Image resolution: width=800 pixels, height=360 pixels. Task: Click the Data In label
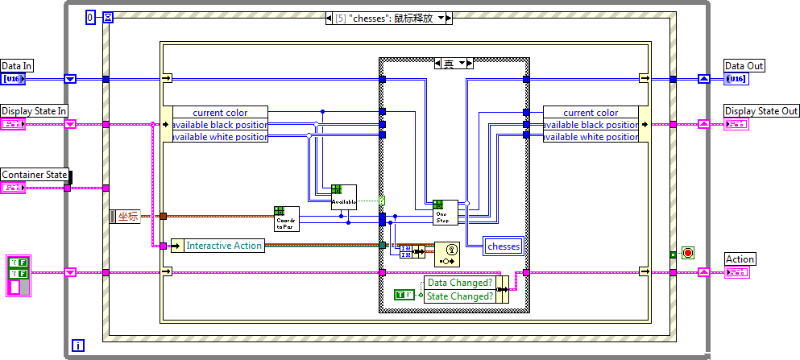[17, 66]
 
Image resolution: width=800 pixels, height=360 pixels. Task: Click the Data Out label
[744, 66]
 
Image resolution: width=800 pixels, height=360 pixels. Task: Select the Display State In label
[34, 110]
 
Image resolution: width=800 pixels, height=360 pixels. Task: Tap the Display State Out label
[761, 110]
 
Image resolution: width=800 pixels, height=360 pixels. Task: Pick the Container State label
[34, 175]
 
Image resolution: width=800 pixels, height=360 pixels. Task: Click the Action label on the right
[740, 259]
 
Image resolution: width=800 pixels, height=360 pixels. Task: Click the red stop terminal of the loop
[687, 253]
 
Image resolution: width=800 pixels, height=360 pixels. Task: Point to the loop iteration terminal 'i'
[77, 345]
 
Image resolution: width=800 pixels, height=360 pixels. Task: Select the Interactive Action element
[224, 246]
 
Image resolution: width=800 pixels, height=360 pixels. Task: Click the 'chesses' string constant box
[504, 246]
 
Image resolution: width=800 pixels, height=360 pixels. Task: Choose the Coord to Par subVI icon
[287, 218]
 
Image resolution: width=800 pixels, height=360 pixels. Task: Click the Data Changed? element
[459, 283]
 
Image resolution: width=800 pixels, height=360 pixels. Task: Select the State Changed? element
[459, 296]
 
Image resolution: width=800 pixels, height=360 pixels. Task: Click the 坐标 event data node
[127, 216]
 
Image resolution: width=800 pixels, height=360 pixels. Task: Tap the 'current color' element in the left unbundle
[220, 113]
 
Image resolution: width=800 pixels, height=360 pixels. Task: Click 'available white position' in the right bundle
[591, 137]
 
